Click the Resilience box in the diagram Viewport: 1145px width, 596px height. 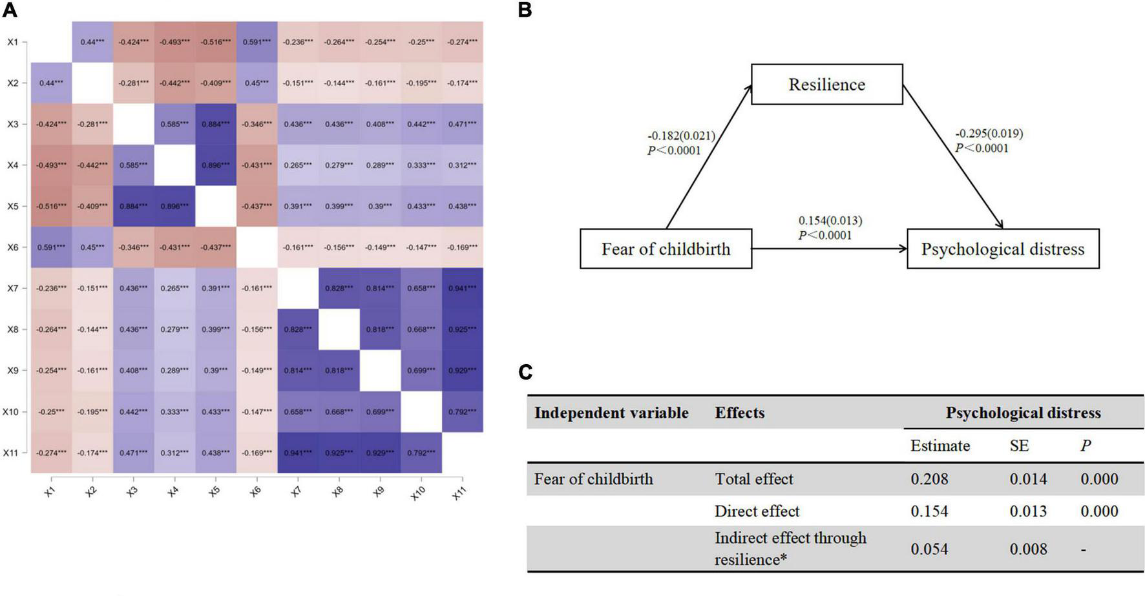pos(826,85)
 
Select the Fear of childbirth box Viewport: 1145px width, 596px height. pos(666,249)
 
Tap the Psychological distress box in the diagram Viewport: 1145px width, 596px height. pos(1002,249)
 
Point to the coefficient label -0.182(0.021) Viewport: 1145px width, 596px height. pos(681,136)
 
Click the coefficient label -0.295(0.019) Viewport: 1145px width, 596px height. pos(989,134)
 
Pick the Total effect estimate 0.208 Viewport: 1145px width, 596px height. pos(929,479)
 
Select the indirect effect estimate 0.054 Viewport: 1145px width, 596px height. pos(929,549)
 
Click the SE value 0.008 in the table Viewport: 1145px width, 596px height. pos(1028,549)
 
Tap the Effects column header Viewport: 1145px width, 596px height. pos(739,413)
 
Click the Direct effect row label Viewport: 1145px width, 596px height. pos(757,511)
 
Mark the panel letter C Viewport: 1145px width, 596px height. pos(525,372)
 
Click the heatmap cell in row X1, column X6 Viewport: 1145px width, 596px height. pos(257,42)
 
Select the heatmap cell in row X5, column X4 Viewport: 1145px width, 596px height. pos(174,207)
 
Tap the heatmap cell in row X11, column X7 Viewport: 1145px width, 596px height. pos(298,453)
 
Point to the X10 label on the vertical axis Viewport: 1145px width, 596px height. pos(11,412)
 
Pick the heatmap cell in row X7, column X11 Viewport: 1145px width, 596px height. pos(462,289)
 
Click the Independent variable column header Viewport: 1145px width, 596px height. pos(611,413)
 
